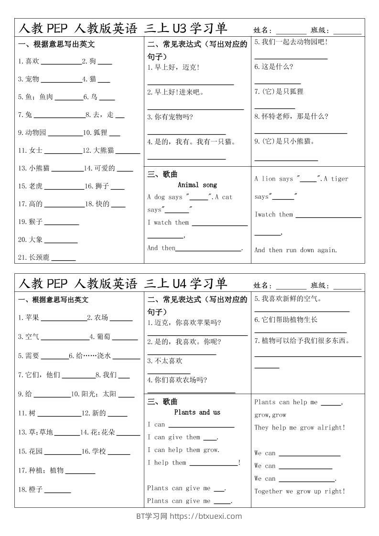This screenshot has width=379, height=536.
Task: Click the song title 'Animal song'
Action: tap(197, 185)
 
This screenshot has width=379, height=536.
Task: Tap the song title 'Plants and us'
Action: tap(197, 412)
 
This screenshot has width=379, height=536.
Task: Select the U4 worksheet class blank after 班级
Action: tap(347, 287)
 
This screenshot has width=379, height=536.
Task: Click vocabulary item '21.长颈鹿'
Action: tap(33, 257)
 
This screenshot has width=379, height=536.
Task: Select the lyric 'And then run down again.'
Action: tap(295, 250)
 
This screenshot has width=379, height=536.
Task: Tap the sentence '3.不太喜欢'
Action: tap(165, 361)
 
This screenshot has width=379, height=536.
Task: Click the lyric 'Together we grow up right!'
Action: tap(300, 491)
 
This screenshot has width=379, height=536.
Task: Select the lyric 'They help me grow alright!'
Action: tap(300, 428)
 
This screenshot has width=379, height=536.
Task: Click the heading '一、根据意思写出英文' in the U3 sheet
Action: tap(56, 44)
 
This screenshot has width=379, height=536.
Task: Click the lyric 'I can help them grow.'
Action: tap(183, 450)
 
